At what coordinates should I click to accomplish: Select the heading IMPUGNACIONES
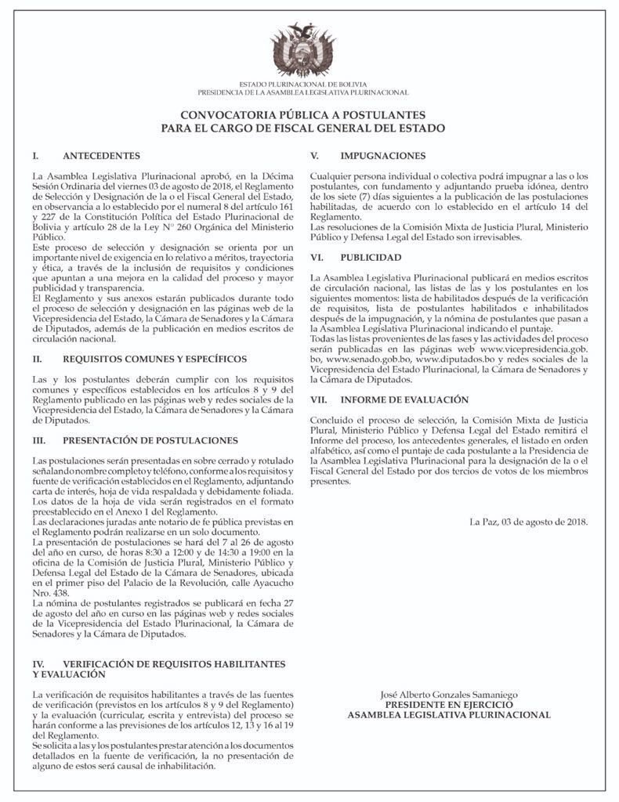383,156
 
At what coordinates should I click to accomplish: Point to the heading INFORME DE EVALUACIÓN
404,399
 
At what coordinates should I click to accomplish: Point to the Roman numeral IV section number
38,663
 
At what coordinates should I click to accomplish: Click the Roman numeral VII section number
319,399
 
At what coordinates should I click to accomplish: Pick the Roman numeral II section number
36,359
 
